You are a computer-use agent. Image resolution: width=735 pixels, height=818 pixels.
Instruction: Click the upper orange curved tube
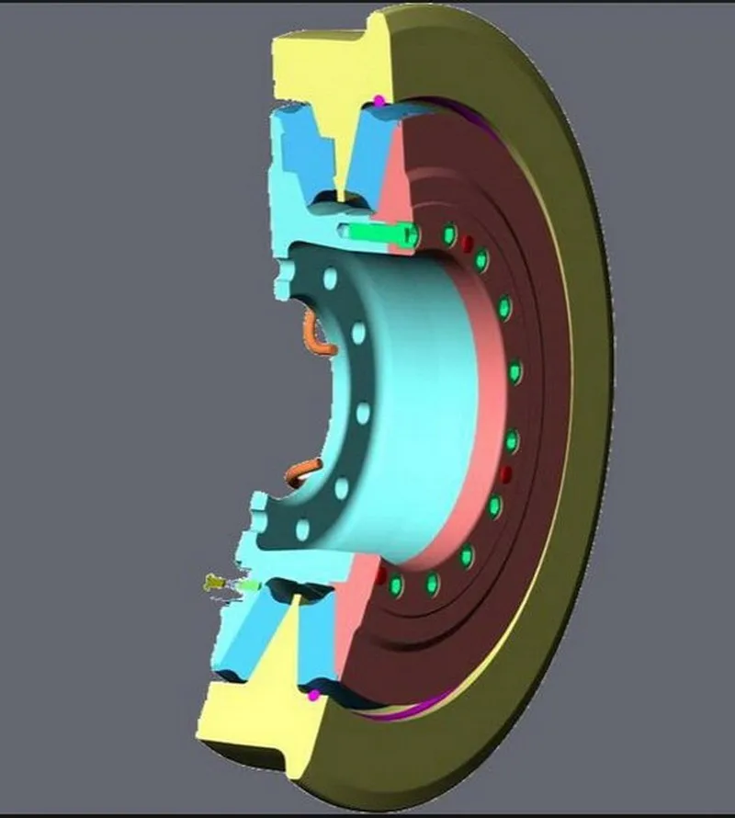coord(314,333)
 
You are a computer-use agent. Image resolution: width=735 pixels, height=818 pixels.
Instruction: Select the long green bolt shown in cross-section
coord(377,232)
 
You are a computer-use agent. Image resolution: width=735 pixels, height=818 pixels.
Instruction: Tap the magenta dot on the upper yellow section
coord(379,98)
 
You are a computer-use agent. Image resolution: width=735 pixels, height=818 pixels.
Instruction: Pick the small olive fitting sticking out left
coord(213,582)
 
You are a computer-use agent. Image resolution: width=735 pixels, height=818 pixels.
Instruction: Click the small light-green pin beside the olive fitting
coord(247,585)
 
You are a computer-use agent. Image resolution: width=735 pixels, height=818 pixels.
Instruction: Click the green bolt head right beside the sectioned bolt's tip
coord(448,236)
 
